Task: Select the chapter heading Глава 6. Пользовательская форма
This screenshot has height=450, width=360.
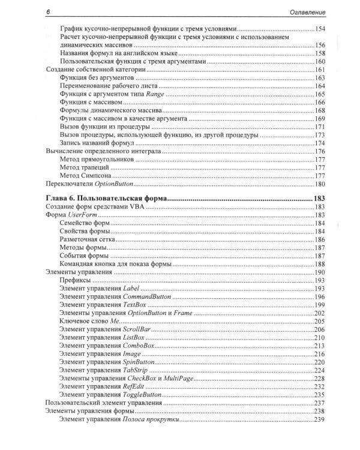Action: click(x=106, y=199)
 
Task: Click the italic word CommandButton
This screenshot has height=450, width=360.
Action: click(x=147, y=296)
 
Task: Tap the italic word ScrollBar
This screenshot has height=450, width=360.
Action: click(x=140, y=329)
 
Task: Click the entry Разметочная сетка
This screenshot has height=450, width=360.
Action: click(x=88, y=239)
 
